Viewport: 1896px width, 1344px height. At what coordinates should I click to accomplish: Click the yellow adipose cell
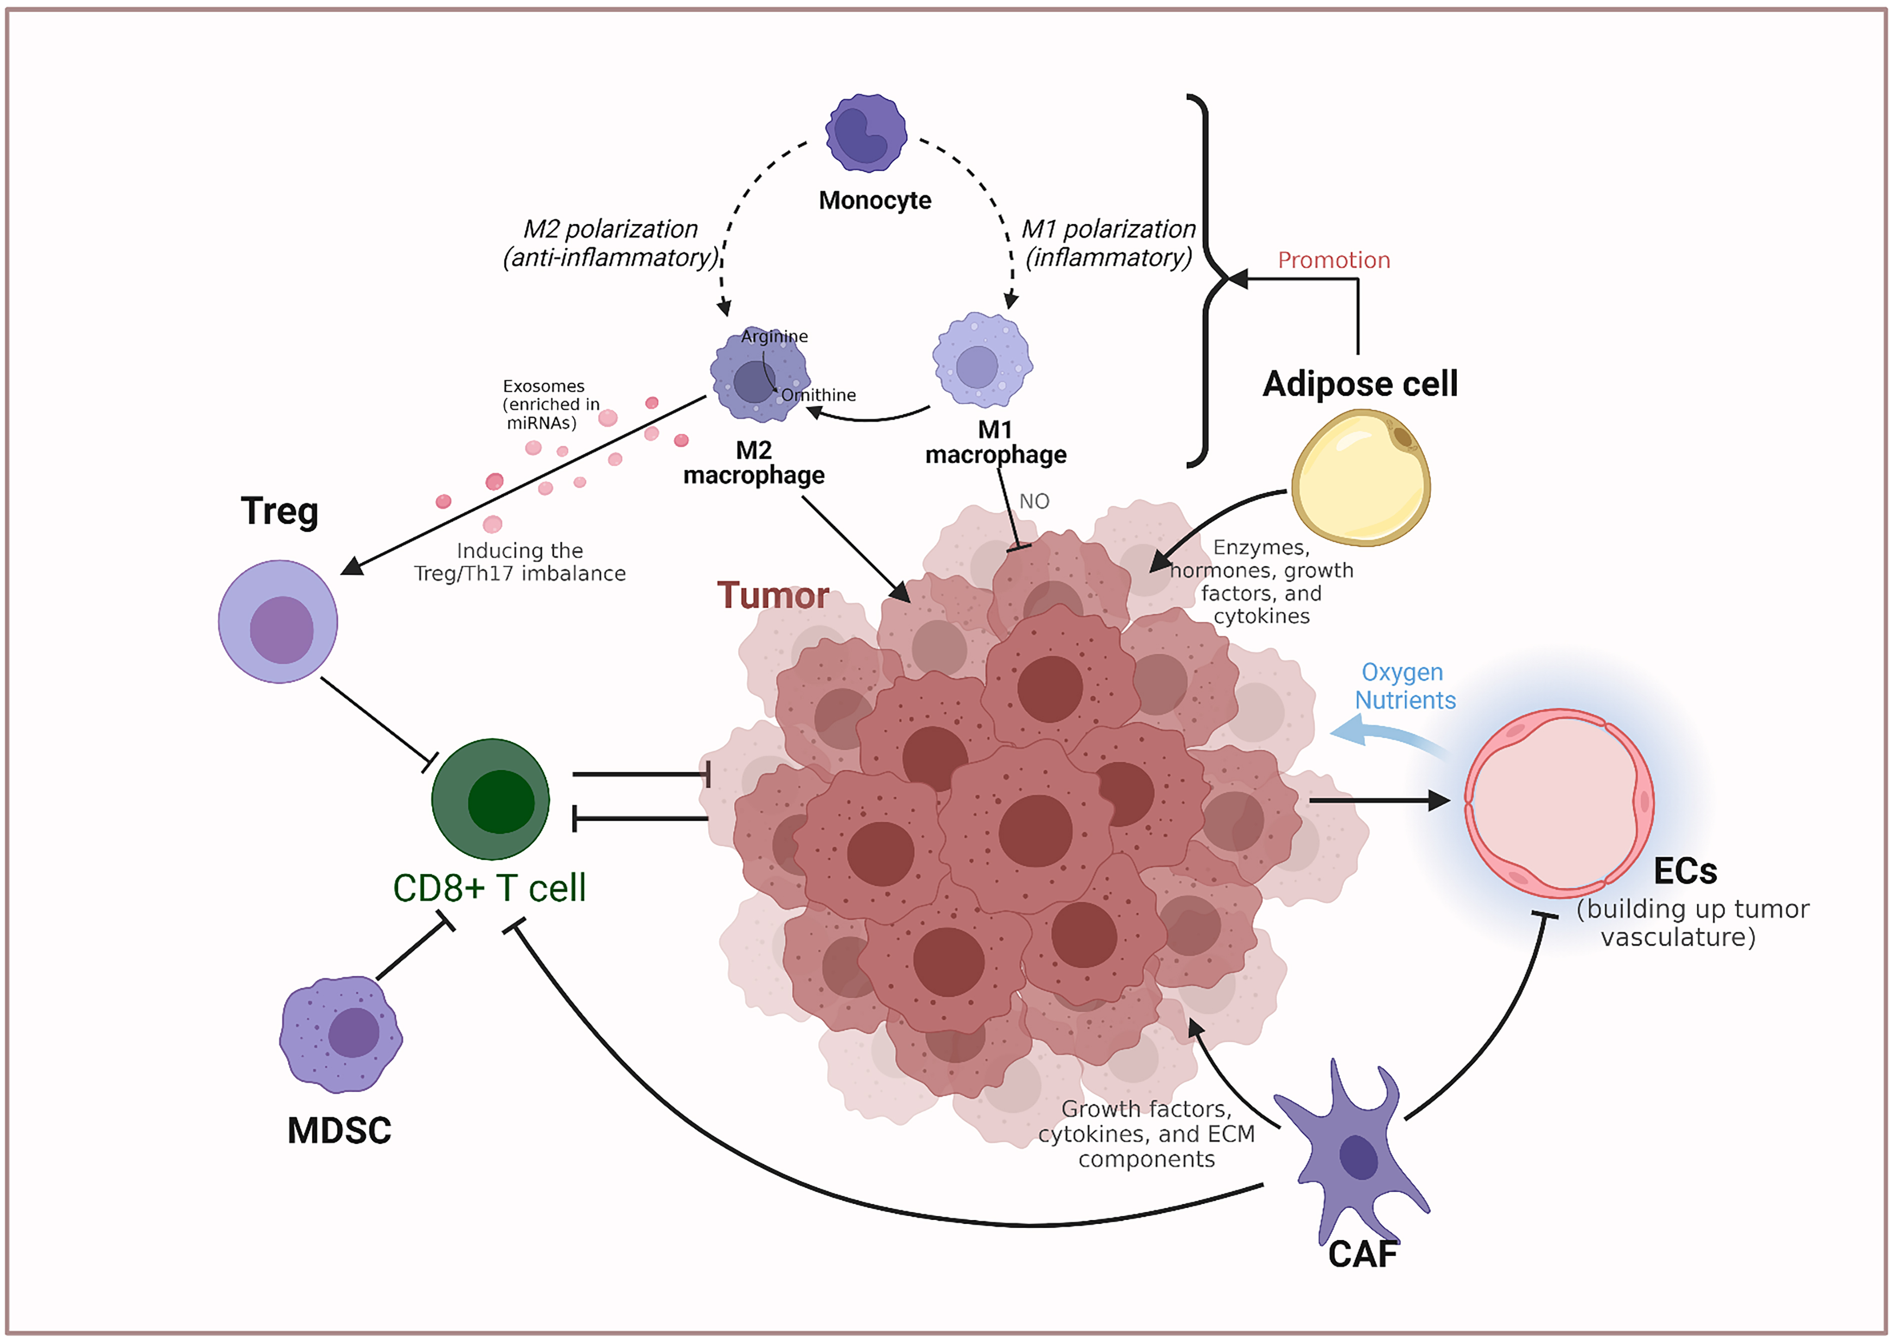[1360, 478]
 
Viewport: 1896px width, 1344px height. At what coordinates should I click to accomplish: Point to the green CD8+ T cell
[491, 799]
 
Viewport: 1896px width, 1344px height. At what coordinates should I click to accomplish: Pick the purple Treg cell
[278, 622]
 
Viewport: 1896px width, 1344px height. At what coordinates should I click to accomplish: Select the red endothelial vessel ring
[1559, 803]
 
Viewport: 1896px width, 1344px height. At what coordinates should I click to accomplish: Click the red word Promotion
[1333, 260]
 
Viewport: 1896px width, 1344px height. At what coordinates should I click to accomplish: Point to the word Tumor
[772, 595]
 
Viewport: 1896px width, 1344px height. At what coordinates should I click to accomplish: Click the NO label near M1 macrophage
[1034, 502]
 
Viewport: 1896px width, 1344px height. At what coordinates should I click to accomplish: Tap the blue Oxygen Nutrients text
[1403, 686]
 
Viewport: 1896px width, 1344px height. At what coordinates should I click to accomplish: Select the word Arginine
[774, 336]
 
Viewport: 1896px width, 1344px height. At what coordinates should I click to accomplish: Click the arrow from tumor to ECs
[1378, 800]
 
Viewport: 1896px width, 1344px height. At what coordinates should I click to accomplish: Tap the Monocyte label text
[875, 200]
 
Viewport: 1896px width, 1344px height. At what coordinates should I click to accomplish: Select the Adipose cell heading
[1360, 384]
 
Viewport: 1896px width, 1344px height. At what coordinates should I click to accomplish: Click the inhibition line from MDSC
[411, 952]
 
